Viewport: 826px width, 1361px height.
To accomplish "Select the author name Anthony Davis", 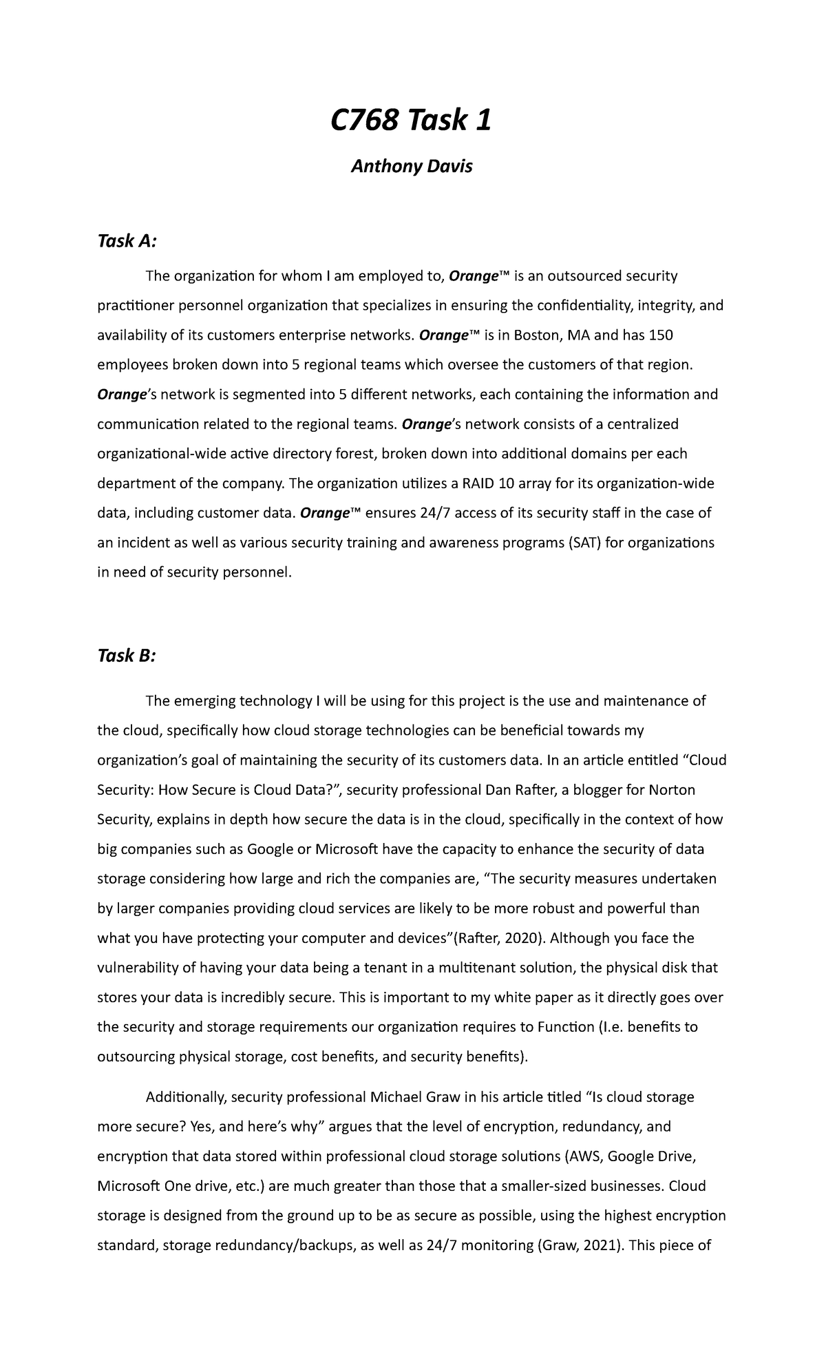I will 412,167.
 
